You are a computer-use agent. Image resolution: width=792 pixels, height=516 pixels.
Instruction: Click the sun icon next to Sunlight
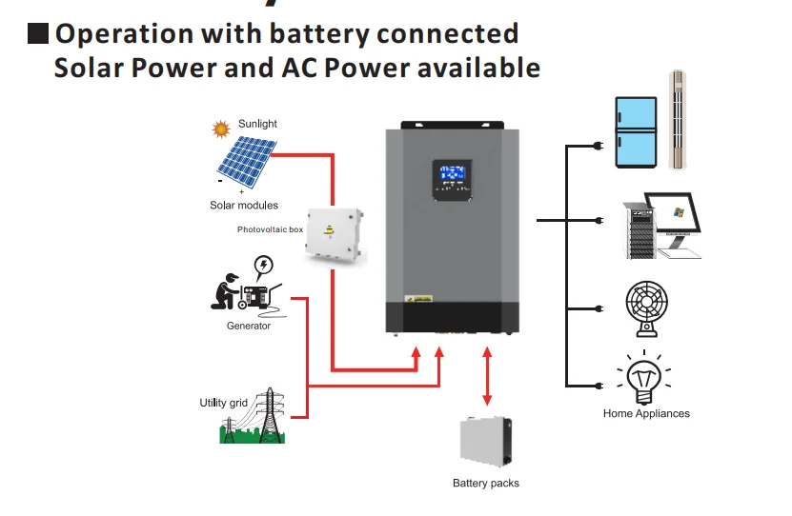click(x=221, y=128)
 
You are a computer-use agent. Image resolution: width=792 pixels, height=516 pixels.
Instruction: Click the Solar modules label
click(x=244, y=206)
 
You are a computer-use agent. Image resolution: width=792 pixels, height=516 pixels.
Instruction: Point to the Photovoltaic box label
click(x=270, y=229)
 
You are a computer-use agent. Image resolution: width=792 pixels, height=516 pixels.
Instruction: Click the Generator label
click(x=249, y=326)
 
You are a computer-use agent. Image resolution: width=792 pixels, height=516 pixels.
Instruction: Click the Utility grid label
click(x=223, y=403)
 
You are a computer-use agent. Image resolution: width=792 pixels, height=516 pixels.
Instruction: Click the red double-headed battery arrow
click(x=488, y=378)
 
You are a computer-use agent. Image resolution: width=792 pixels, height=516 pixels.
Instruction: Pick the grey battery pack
click(x=487, y=444)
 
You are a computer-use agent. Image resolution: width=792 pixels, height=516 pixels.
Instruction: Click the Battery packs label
click(x=486, y=484)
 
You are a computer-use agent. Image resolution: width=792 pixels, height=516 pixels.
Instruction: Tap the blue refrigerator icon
click(x=633, y=131)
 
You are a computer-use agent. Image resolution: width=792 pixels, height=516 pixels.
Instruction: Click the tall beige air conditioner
click(x=678, y=119)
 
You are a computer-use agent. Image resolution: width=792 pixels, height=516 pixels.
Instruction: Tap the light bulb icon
click(x=646, y=379)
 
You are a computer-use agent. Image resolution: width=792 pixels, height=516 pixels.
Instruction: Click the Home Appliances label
click(x=646, y=413)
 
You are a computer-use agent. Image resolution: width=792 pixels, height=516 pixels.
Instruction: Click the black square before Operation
click(x=38, y=34)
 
